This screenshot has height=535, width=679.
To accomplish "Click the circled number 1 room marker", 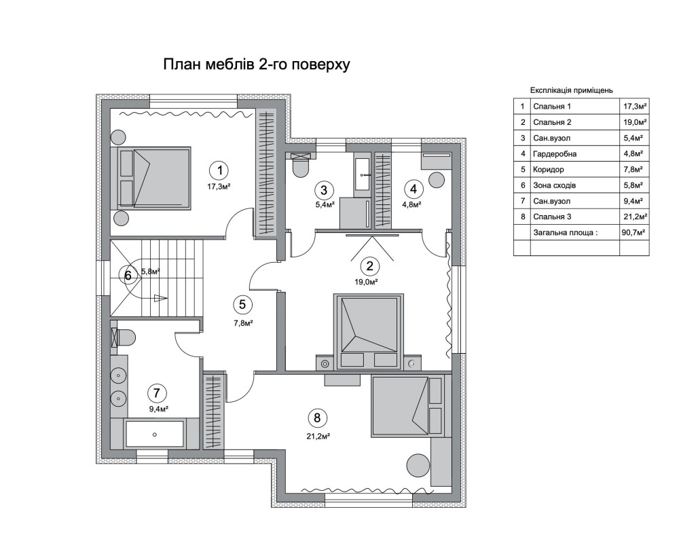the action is click(x=220, y=170).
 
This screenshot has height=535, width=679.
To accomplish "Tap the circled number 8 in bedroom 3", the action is click(x=317, y=418).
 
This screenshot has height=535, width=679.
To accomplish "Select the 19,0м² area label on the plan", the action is click(x=367, y=282).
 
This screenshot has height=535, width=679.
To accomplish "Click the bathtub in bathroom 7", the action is click(x=155, y=434).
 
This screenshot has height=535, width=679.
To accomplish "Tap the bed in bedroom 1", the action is click(x=151, y=178).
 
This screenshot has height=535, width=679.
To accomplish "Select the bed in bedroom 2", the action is click(x=369, y=332).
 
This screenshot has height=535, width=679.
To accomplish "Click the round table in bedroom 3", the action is click(x=418, y=466).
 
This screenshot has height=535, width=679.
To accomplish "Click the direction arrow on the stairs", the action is click(x=159, y=297).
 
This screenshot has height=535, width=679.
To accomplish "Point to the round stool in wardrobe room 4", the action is click(x=437, y=180).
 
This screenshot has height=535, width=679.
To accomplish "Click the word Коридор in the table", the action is click(x=548, y=170).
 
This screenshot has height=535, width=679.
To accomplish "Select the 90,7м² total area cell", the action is click(x=634, y=232).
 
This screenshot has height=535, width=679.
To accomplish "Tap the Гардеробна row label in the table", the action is click(x=555, y=153).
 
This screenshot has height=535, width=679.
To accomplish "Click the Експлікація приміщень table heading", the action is click(x=572, y=90).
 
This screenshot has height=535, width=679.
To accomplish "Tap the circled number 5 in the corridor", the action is click(x=242, y=304).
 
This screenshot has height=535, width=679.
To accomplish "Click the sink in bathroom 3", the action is click(x=363, y=174).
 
